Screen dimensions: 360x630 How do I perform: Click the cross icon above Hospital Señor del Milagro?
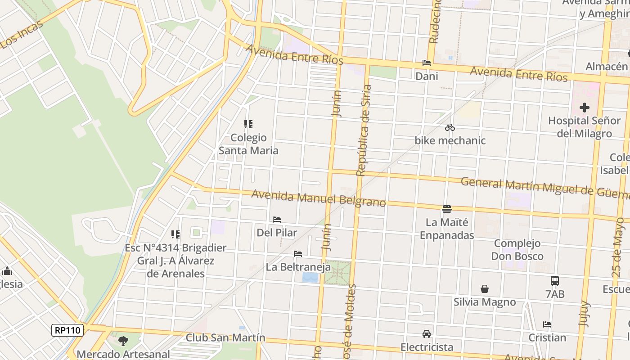pyautogui.click(x=584, y=108)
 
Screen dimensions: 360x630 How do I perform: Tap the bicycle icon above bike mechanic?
pyautogui.click(x=450, y=128)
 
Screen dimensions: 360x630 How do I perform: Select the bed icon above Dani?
pyautogui.click(x=426, y=63)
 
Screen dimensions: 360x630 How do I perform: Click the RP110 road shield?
pyautogui.click(x=67, y=330)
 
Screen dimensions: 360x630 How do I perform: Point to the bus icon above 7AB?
pyautogui.click(x=555, y=281)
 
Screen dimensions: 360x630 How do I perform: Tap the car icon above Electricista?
pyautogui.click(x=426, y=334)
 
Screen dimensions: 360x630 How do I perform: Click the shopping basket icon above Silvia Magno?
pyautogui.click(x=485, y=289)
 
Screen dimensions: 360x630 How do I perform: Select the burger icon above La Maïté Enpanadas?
pyautogui.click(x=447, y=209)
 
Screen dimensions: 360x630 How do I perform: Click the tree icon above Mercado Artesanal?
pyautogui.click(x=123, y=341)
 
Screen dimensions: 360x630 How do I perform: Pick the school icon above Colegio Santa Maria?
pyautogui.click(x=248, y=124)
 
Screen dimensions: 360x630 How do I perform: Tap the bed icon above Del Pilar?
pyautogui.click(x=277, y=220)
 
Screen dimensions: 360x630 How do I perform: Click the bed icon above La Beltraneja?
pyautogui.click(x=298, y=254)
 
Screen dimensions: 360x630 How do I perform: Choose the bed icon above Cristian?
pyautogui.click(x=547, y=324)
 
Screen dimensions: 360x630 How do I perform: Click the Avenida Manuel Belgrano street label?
pyautogui.click(x=319, y=198)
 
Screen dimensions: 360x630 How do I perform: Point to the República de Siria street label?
pyautogui.click(x=364, y=130)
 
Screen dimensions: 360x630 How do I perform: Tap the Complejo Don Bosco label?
pyautogui.click(x=517, y=250)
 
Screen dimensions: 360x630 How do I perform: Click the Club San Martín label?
pyautogui.click(x=225, y=337)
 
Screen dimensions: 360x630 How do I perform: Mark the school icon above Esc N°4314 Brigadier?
pyautogui.click(x=175, y=234)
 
